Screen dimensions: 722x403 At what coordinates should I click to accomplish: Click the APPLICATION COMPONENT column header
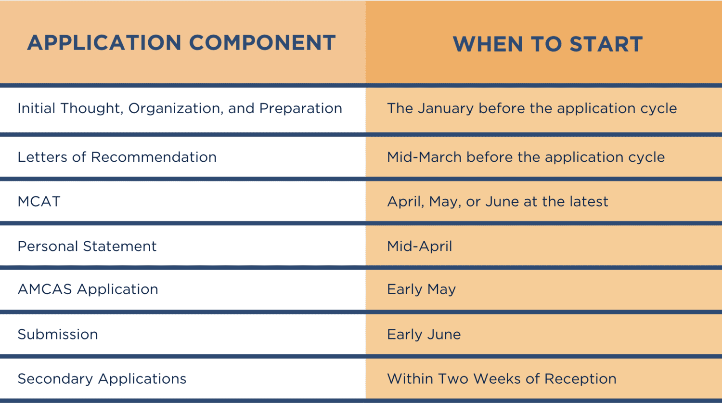point(181,43)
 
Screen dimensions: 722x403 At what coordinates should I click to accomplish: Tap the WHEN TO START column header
point(548,44)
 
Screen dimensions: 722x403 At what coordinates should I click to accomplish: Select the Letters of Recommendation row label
point(117,157)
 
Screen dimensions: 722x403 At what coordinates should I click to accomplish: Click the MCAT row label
point(39,201)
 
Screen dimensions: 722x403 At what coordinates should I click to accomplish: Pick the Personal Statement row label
point(87,246)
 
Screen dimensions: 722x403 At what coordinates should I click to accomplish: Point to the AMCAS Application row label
point(88,289)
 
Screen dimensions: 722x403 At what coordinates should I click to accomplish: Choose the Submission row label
point(58,334)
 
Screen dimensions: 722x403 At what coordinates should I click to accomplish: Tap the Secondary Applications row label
point(102,379)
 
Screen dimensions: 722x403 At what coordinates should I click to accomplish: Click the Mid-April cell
point(420,247)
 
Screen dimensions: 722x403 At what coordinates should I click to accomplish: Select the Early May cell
point(421,289)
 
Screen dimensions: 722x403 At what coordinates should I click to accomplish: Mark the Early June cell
point(424,334)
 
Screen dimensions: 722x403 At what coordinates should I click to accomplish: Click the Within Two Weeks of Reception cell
point(502,379)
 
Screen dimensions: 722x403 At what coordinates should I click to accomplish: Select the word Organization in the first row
point(174,109)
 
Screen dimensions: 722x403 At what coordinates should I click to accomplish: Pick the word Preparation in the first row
point(300,109)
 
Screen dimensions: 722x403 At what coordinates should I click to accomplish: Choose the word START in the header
point(606,44)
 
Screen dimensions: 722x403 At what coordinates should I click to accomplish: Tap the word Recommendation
point(154,157)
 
